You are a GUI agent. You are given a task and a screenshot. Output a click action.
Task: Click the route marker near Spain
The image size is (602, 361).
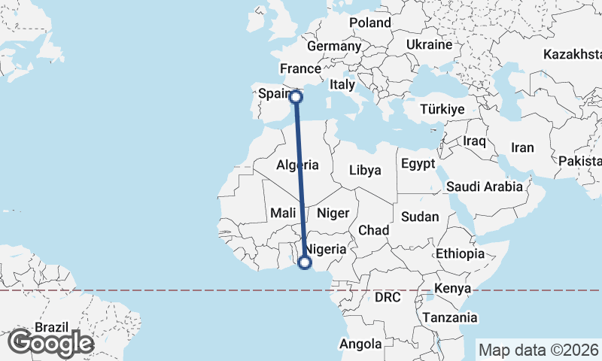point(296,96)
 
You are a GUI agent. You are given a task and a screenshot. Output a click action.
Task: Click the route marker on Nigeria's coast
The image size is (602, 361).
point(305,262)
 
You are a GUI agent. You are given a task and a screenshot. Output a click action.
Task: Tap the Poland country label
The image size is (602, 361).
point(370,23)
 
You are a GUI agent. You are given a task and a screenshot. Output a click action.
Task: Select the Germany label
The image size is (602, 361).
point(334,46)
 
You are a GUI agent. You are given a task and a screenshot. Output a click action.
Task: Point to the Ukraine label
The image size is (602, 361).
point(429,45)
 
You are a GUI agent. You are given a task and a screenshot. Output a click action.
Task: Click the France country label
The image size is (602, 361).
point(301,69)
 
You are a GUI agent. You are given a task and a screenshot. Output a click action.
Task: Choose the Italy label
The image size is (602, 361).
point(342,85)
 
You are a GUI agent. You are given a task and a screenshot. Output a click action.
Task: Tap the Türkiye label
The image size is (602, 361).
point(442,110)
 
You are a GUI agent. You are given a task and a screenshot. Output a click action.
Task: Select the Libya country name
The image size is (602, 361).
point(365,170)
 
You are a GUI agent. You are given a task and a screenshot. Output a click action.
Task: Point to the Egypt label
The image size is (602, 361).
point(418,164)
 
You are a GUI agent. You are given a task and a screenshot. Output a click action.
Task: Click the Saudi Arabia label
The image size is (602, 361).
point(484,187)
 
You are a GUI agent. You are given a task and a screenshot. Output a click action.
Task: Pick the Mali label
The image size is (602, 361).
point(283,214)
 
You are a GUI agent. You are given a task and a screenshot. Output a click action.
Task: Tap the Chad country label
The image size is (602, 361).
point(373,229)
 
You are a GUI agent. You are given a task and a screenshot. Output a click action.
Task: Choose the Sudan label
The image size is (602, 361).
point(419,217)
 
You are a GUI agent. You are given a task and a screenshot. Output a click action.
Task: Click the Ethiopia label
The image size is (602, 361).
point(460,253)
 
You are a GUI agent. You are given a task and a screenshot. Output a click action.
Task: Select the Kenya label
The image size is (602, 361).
point(453,288)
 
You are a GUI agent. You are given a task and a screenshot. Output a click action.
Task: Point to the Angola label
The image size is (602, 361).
point(360,344)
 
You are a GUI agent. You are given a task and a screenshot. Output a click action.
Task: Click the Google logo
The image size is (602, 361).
point(51,343)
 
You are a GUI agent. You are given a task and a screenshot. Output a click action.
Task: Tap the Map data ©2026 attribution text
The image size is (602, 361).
point(538,350)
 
